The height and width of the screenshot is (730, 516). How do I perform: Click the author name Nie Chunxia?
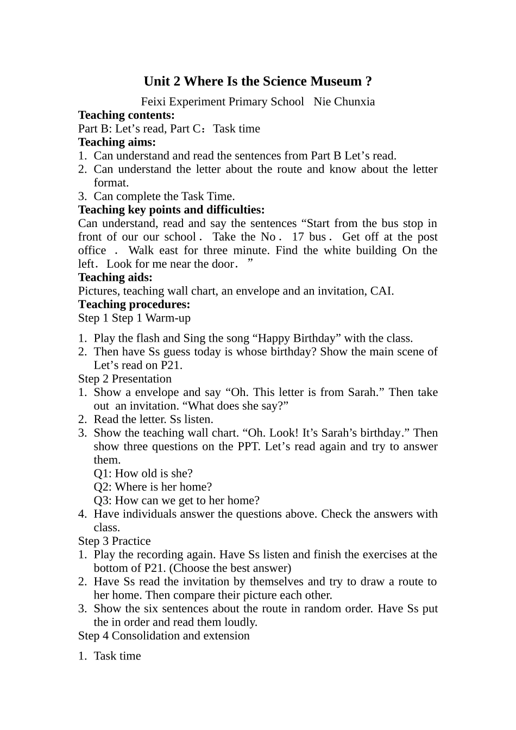344,102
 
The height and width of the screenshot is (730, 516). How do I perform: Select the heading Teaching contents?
127,115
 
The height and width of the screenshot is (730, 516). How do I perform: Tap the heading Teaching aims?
117,142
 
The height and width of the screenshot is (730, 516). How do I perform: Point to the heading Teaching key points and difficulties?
172,210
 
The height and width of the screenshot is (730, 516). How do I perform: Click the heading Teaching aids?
115,278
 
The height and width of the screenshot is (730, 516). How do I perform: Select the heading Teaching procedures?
134,305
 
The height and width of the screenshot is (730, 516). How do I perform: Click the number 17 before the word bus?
298,237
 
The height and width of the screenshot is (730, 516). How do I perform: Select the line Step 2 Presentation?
124,379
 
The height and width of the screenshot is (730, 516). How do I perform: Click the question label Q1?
103,474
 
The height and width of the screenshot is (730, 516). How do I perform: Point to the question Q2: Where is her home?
153,487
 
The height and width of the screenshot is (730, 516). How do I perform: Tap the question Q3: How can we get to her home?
177,501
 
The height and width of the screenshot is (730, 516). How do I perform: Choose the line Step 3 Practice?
114,542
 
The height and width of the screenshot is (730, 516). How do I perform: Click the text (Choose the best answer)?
230,569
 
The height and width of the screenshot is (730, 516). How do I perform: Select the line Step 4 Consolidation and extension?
163,636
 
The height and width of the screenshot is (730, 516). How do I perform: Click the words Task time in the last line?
117,656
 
